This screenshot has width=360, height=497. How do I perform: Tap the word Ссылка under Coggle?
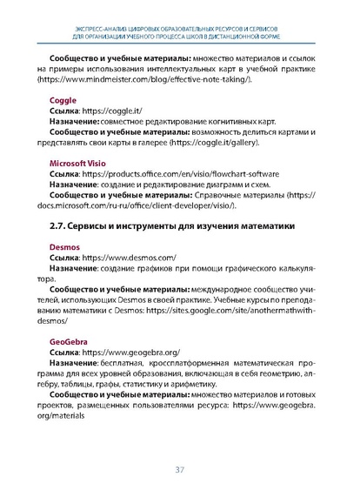64,111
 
